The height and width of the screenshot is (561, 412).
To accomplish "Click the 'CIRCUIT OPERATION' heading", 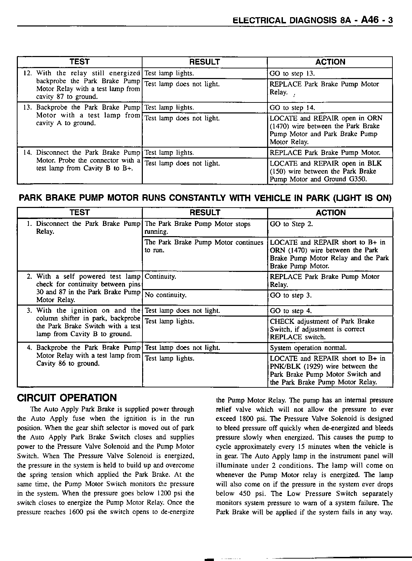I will [67, 398].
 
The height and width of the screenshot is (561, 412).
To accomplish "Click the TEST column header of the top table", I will [79, 62].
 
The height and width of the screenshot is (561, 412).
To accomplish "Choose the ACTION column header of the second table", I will [330, 213].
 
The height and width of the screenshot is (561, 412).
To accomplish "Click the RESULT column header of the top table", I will [205, 62].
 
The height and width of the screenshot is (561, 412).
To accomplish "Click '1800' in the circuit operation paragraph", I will [243, 419].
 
